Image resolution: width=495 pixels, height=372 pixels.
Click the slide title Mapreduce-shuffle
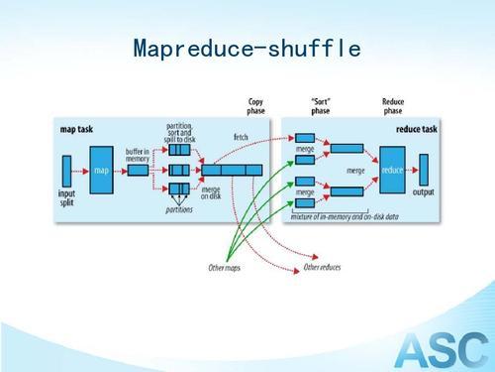pyautogui.click(x=246, y=49)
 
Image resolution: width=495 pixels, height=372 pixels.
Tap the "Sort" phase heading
pyautogui.click(x=321, y=106)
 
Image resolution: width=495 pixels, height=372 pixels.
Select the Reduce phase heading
pyautogui.click(x=393, y=106)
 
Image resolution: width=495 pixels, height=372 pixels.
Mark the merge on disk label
pyautogui.click(x=211, y=192)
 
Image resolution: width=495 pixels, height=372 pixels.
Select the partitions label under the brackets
pyautogui.click(x=179, y=209)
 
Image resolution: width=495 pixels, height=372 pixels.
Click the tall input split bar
pyautogui.click(x=67, y=169)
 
